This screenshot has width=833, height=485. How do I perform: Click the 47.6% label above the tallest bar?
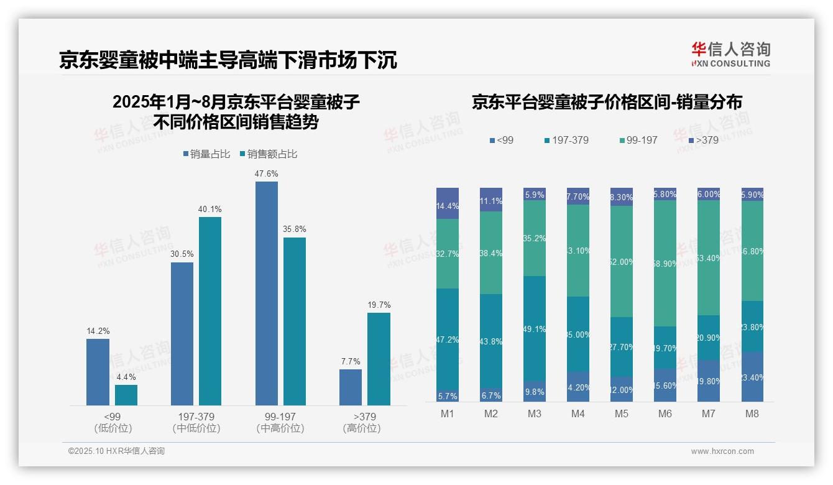coord(266,173)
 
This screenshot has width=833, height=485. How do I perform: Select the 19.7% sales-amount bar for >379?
coord(379,359)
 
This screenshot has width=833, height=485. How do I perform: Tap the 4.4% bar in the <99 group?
coord(126,395)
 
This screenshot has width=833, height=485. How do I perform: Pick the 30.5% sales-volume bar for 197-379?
coord(182,333)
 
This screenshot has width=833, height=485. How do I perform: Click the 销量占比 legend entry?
coord(208,154)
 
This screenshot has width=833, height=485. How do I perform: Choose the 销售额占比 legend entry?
coord(268,154)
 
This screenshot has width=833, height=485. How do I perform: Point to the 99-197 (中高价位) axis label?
coord(280,422)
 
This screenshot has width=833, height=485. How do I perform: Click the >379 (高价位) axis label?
coord(361,422)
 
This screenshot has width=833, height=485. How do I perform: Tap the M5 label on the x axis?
coord(621,413)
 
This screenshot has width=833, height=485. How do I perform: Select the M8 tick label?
coord(752,413)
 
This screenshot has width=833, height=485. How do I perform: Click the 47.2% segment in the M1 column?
coord(448,339)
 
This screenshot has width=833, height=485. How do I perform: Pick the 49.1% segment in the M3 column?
coord(535,329)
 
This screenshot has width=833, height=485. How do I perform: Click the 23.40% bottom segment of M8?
coord(752,377)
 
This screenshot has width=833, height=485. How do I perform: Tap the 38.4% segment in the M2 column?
coord(491,252)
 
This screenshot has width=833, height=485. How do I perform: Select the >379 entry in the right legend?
coord(702,140)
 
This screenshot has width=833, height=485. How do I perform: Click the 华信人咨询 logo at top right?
coord(730,54)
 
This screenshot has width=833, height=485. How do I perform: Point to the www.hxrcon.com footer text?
coord(722,451)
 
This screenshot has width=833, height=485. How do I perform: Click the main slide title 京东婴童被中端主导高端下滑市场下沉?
coord(228,60)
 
